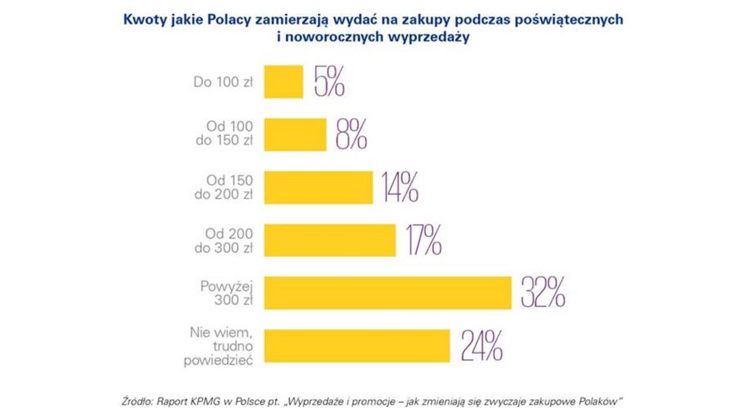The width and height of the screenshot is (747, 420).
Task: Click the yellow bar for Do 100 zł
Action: click(283, 82)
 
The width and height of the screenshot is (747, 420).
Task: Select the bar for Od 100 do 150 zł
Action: click(295, 134)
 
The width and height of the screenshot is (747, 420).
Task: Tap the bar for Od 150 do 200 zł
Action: click(318, 187)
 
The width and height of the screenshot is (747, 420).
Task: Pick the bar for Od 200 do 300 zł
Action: click(330, 240)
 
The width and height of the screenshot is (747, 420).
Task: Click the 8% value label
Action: click(352, 134)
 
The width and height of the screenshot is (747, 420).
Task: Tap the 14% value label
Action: click(400, 187)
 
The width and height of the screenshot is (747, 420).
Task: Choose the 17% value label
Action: click(423, 240)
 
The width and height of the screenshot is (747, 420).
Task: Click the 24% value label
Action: click(481, 346)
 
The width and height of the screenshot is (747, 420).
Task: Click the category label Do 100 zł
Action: click(223, 82)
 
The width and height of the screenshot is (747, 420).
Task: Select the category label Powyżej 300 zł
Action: click(226, 293)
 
